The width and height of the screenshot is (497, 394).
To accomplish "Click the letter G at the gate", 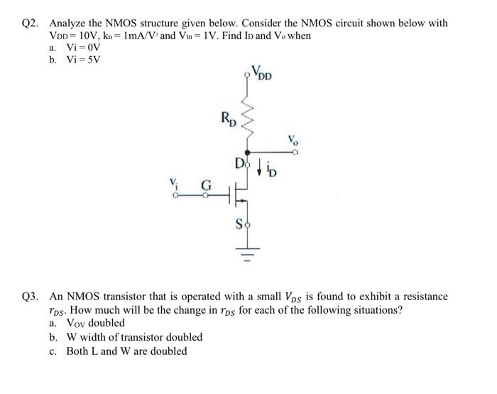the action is pos(205,183).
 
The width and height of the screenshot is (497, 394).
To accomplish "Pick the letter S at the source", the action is pos(239,225).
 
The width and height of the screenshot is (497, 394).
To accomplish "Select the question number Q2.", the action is pos(31,23).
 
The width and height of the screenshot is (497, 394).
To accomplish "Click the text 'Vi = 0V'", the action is pos(83,47).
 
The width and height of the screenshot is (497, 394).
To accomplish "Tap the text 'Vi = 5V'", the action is pos(83,59).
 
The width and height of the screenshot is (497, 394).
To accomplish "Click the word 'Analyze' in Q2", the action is pos(70,23).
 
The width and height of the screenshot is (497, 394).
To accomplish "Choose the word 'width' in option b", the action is pos(99,337).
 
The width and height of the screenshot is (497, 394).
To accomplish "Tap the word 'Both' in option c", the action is pos(78,351).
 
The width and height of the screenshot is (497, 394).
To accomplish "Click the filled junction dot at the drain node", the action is pos(247,151).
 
